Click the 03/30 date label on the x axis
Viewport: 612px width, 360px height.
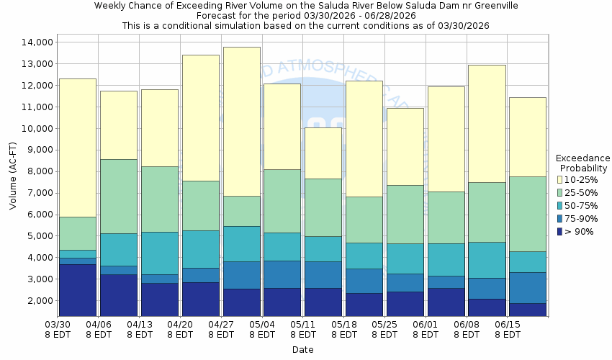point(58,325)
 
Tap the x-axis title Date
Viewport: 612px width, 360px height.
point(302,349)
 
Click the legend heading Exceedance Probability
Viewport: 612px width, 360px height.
point(583,163)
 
